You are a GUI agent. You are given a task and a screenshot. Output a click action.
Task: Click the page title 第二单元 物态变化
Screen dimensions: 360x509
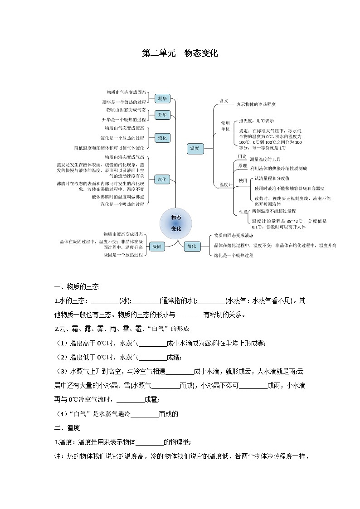pos(180,53)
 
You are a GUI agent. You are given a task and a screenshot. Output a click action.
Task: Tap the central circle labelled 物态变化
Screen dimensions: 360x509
pos(176,223)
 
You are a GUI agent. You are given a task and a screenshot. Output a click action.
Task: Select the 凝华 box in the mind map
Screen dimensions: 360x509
pos(162,98)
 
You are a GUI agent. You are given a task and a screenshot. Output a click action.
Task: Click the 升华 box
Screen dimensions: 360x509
pos(162,115)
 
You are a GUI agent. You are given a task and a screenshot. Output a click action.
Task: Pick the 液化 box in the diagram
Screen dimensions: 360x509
pos(162,138)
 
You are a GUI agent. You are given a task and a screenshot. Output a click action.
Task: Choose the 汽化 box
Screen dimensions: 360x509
pos(162,179)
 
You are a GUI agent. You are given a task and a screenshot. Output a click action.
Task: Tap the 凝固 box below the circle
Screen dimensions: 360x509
pos(157,247)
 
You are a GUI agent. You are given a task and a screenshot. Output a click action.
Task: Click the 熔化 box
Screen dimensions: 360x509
pos(191,247)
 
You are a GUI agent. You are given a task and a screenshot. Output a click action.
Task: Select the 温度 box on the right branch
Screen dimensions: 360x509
pos(195,148)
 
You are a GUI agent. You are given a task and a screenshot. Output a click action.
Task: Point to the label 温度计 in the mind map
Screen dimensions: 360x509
pos(226,184)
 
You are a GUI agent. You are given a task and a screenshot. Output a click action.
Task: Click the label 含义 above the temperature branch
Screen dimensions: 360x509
pos(224,101)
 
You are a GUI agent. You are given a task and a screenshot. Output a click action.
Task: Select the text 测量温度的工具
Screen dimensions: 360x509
pos(265,160)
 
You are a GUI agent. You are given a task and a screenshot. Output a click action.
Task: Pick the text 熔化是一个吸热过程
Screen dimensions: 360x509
pos(234,255)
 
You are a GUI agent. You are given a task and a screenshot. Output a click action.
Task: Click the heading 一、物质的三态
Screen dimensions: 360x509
pos(76,286)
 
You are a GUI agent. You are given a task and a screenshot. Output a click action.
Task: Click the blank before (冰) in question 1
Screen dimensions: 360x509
pos(105,301)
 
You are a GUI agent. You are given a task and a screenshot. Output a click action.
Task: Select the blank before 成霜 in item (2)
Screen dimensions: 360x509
pos(152,358)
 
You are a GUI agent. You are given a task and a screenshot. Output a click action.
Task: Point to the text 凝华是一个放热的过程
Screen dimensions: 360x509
pos(124,102)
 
